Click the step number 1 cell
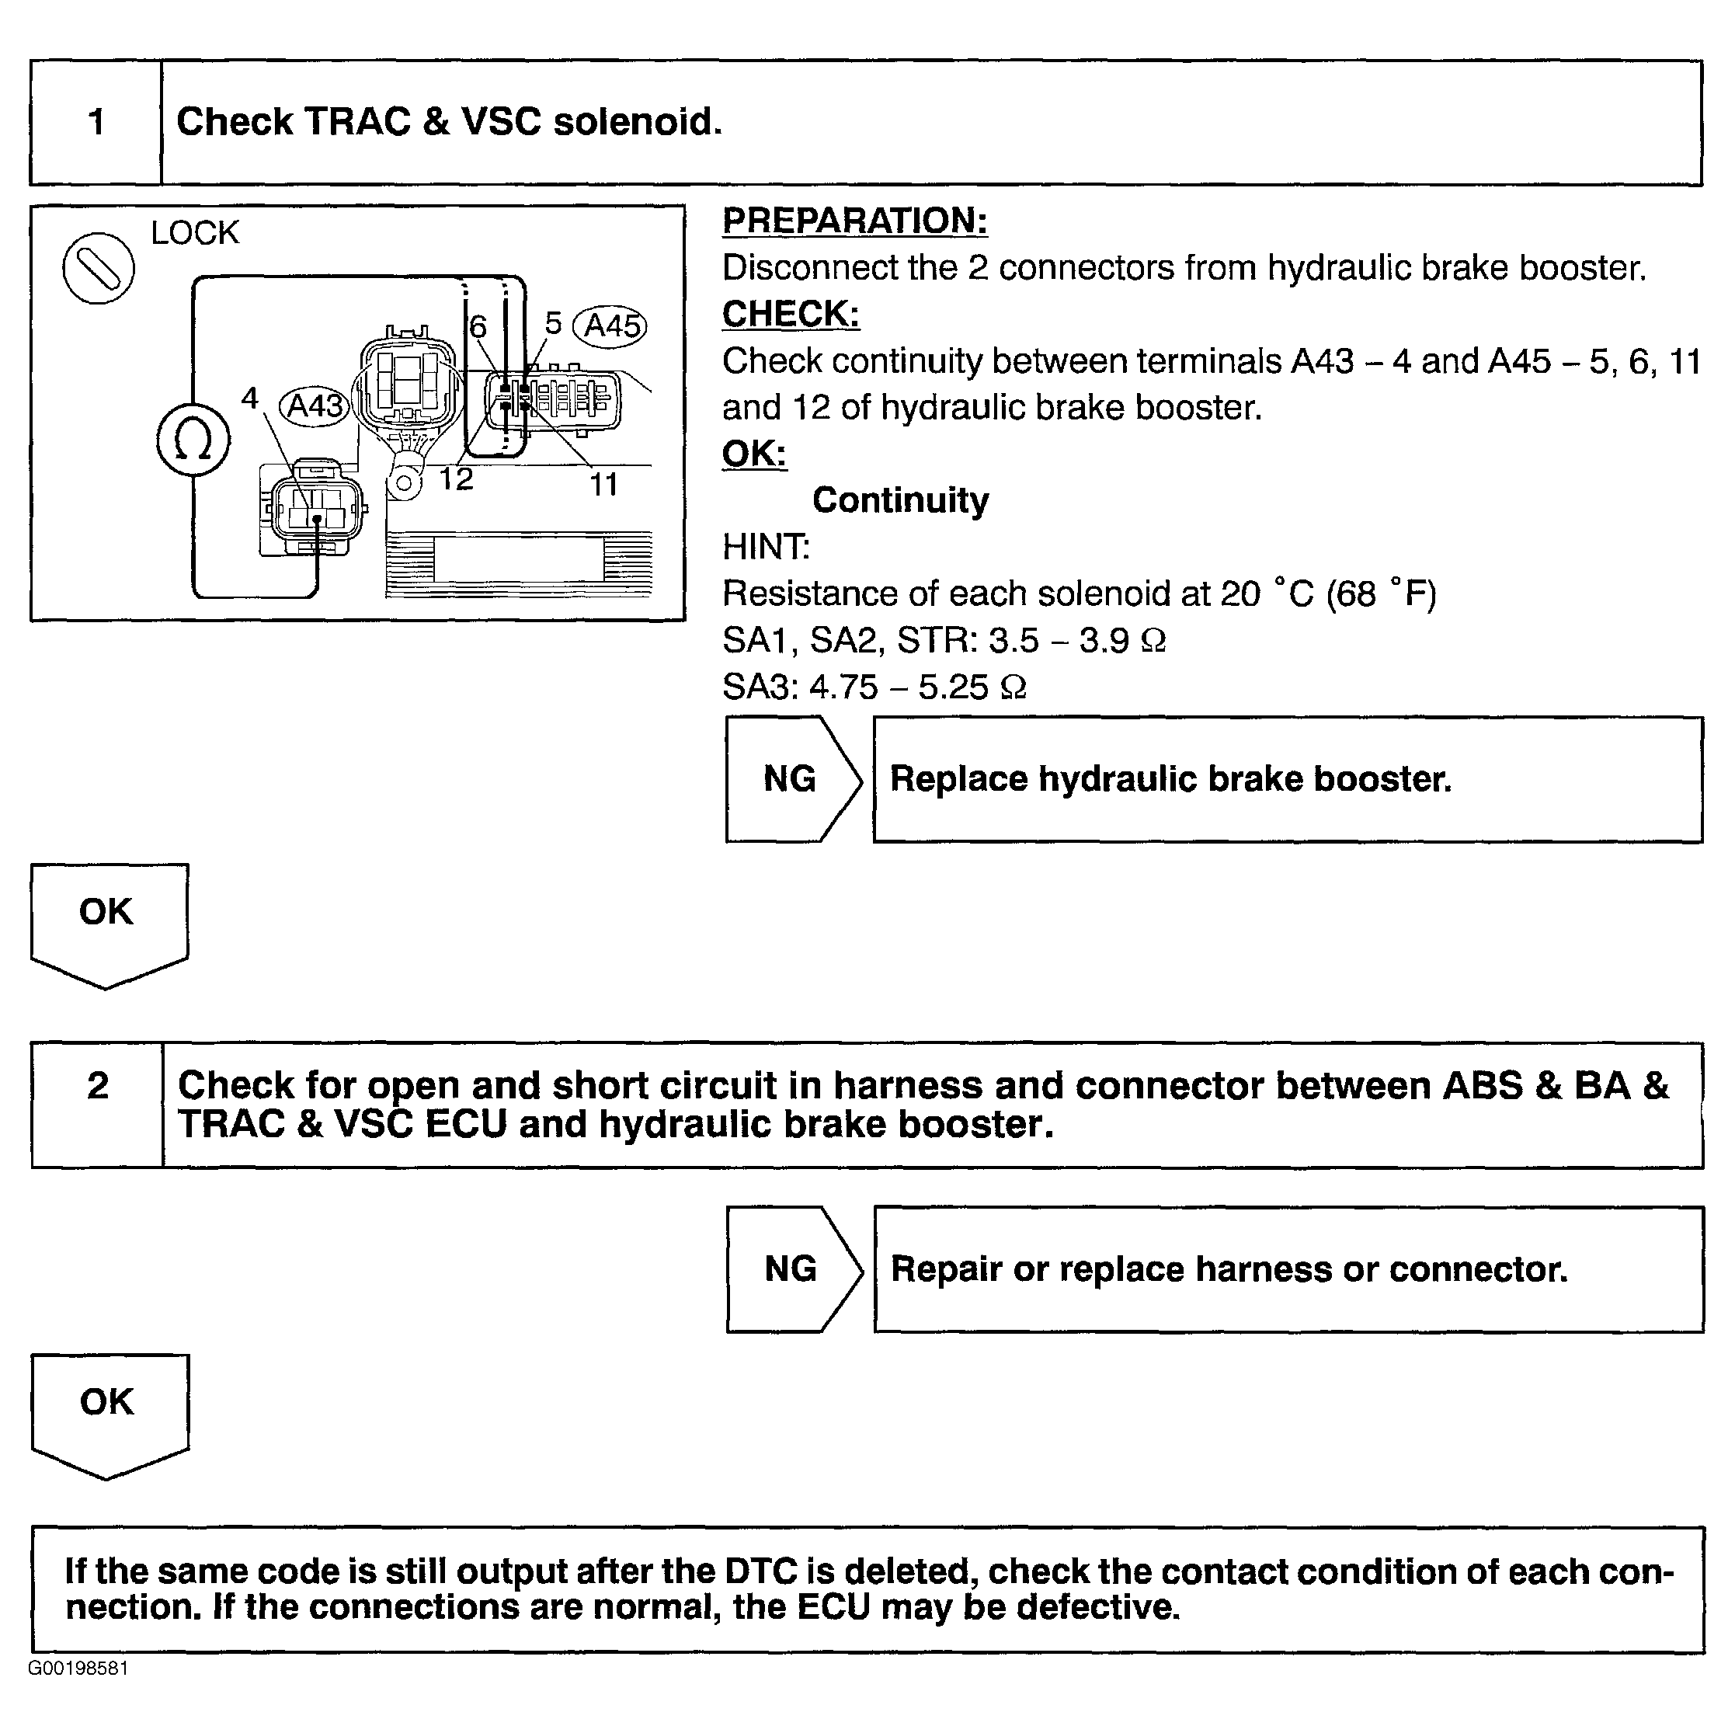click(x=96, y=122)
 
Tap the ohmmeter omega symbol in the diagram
click(x=193, y=440)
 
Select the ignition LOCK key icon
click(x=98, y=268)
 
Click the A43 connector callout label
click(x=315, y=406)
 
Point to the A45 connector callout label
click(x=610, y=325)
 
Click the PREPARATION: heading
click(x=854, y=221)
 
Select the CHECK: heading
click(x=791, y=315)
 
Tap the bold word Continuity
click(x=900, y=500)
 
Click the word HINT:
click(x=765, y=547)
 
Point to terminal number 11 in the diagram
click(x=603, y=485)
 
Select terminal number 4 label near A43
click(x=249, y=398)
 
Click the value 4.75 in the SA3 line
click(x=843, y=687)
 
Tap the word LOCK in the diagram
click(x=195, y=234)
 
